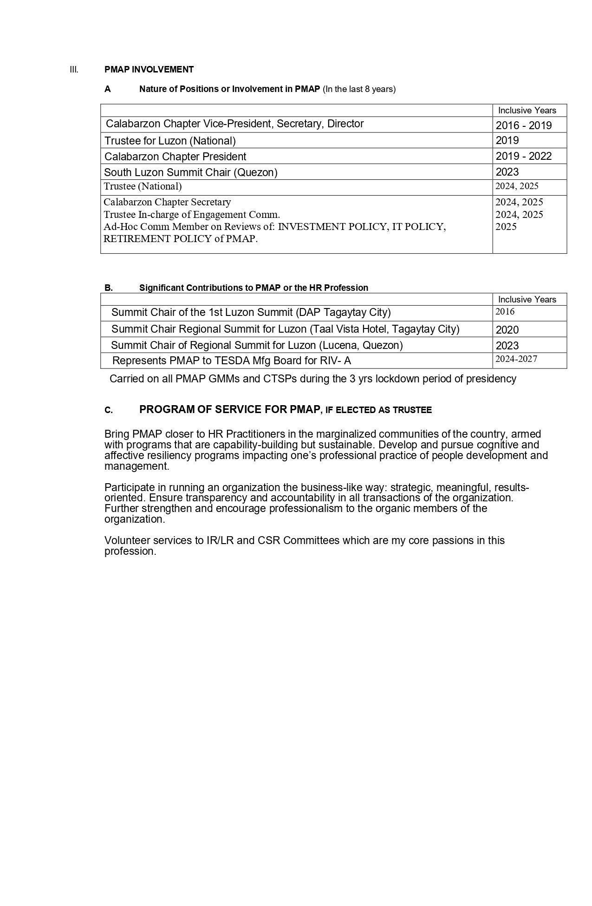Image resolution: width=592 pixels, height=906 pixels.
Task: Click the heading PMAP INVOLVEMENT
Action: coord(149,70)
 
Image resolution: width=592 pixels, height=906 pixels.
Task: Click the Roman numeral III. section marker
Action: coord(74,70)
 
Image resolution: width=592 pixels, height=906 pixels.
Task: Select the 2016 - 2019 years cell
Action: coord(523,125)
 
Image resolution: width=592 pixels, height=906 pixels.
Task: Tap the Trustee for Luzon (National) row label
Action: coord(170,141)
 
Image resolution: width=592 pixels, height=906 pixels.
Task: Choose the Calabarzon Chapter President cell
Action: coord(175,157)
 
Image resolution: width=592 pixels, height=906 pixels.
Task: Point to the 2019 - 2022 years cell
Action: coord(523,156)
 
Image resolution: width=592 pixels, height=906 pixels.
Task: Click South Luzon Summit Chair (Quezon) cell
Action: coord(190,172)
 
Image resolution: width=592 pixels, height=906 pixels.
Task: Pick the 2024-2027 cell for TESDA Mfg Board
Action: coord(516,359)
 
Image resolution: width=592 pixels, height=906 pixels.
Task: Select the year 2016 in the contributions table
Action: coord(505,312)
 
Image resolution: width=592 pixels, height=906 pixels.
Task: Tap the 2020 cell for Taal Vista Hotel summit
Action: coord(507,330)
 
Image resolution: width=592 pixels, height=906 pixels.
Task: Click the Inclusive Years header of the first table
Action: coord(527,111)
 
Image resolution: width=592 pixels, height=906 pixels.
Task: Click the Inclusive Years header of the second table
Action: coord(527,300)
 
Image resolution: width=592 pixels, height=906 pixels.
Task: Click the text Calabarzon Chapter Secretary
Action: coord(167,202)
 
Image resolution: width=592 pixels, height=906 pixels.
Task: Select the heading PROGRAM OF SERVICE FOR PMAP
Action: coord(229,409)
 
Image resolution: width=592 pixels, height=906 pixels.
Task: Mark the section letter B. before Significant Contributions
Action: coord(108,288)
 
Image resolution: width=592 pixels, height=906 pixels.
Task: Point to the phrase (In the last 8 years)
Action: coord(359,89)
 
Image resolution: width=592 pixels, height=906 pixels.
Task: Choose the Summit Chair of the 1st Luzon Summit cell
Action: coord(251,312)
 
